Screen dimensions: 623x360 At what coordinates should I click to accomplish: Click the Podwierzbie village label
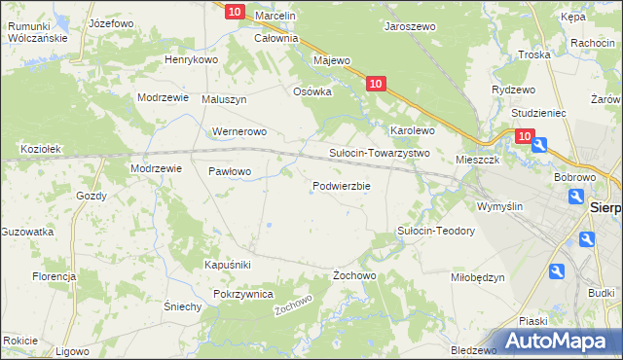(x=341, y=186)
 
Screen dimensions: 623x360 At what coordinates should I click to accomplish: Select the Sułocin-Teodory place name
(x=435, y=231)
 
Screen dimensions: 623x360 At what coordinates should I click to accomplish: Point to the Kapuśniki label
(x=228, y=265)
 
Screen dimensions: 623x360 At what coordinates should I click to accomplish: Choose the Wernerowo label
(x=238, y=131)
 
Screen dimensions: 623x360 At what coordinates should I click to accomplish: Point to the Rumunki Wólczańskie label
(x=37, y=31)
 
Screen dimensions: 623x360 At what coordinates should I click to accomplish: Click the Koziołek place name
(x=42, y=149)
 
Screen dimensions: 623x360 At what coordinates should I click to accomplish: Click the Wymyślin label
(x=500, y=206)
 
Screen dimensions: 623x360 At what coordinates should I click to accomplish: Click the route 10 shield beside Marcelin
(x=234, y=12)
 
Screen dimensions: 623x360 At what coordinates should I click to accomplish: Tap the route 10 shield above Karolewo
(x=378, y=86)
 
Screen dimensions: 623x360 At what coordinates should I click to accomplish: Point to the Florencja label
(x=54, y=276)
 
